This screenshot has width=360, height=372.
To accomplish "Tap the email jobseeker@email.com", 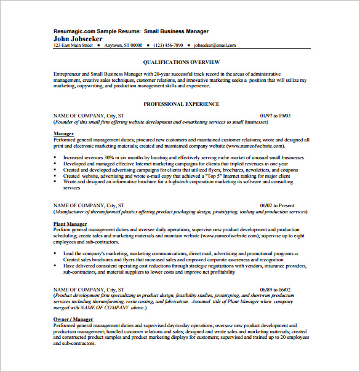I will tap(215, 46).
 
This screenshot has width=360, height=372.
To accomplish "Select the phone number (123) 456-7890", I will tap(169, 46).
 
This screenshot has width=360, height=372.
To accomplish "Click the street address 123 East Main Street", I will tap(73, 46).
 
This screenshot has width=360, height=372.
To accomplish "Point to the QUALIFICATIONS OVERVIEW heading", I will tap(181, 62).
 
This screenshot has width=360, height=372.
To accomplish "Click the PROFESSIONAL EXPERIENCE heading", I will tap(181, 104).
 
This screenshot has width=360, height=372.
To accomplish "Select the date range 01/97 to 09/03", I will tap(275, 115).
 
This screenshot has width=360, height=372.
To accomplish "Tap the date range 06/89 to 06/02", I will tap(276, 288).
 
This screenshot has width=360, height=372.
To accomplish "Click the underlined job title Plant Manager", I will tap(70, 224).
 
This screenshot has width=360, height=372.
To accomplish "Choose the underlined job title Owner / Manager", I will tap(74, 320).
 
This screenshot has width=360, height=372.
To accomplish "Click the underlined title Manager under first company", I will tap(63, 133).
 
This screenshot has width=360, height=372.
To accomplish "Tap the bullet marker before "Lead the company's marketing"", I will tap(55, 253).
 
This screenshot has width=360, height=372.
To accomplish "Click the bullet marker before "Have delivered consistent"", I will tap(55, 266).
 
